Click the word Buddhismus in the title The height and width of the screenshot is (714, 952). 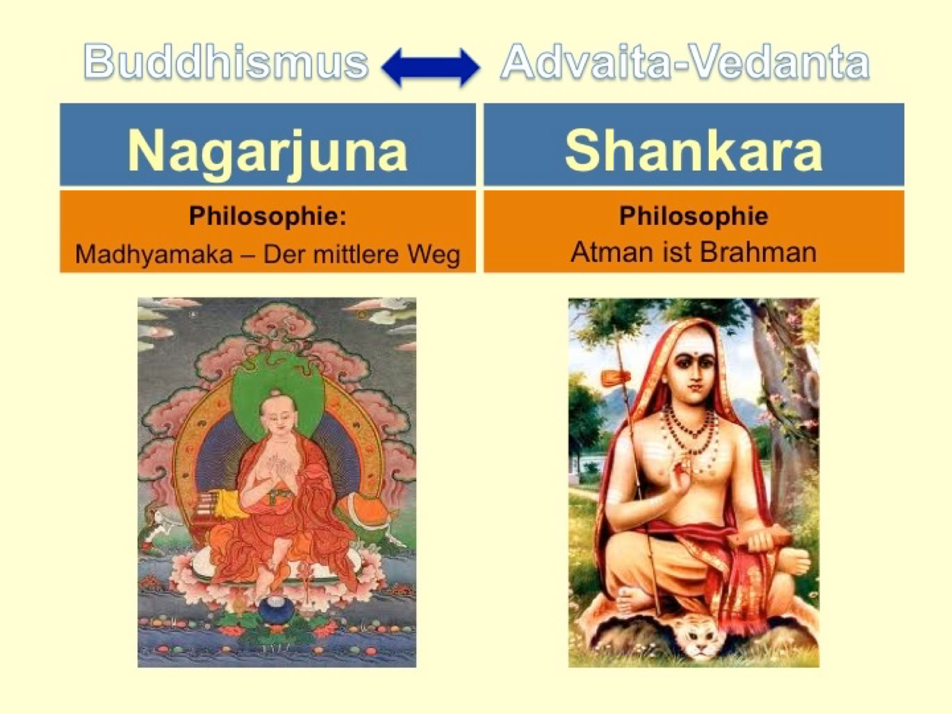(226, 62)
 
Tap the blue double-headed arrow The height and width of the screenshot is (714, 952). (431, 67)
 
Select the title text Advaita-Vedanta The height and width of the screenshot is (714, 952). (684, 62)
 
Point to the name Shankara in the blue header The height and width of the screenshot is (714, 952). (693, 151)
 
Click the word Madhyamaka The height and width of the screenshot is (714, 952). (154, 254)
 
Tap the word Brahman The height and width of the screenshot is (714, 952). (758, 251)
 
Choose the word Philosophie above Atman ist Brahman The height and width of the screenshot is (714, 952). (694, 216)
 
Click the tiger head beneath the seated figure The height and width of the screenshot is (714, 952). (700, 641)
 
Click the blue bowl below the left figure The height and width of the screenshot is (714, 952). (277, 609)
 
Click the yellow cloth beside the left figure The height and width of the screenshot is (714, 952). (226, 504)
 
